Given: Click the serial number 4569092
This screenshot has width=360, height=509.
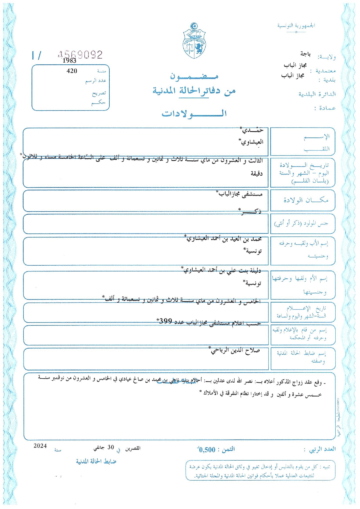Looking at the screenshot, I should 80,55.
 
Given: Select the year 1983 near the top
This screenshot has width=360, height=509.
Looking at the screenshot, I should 69,61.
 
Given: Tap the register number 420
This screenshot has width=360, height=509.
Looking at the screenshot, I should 72,71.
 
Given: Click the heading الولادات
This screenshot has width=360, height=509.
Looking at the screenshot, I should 194,113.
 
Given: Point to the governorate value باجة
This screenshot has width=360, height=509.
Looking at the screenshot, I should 305,54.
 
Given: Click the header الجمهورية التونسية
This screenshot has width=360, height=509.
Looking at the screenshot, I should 296,26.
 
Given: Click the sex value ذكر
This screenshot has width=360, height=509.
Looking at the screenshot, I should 251,212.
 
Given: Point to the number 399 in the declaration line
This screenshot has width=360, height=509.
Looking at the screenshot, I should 166,321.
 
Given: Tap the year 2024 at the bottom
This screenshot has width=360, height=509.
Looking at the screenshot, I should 40,446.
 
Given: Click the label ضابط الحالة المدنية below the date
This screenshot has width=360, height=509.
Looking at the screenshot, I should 96,461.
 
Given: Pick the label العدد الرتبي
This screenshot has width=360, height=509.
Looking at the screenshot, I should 322,449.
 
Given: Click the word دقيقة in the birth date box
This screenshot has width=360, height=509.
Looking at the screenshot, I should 256,173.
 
